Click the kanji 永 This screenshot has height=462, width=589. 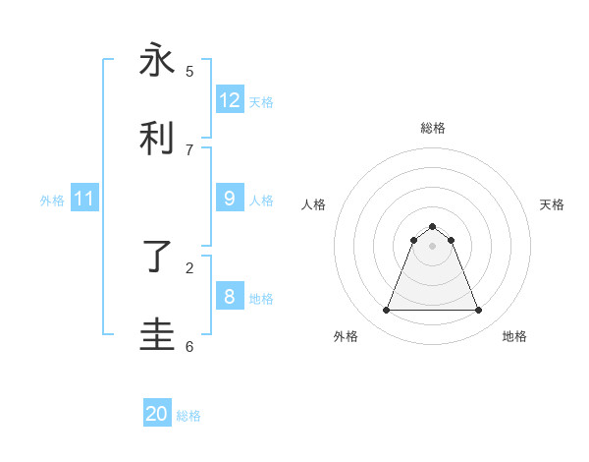[157, 61]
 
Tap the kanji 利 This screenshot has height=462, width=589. [157, 139]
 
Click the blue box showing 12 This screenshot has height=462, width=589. [230, 100]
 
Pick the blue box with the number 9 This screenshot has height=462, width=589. [230, 199]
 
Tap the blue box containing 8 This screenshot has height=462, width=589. [230, 297]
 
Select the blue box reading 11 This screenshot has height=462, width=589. [84, 199]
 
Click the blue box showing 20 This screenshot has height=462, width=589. [157, 414]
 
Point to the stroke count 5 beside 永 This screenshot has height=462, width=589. [189, 71]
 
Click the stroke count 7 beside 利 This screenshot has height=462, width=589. [189, 149]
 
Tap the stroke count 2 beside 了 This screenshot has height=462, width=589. [189, 267]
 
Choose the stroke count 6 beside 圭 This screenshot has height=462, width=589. [189, 346]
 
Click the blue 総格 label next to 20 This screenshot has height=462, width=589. [188, 416]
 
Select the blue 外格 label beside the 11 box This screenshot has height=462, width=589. [52, 201]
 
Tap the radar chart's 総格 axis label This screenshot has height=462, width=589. [432, 128]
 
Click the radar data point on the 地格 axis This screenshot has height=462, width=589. [478, 311]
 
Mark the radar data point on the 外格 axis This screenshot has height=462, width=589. [386, 311]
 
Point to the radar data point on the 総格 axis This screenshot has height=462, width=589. [432, 226]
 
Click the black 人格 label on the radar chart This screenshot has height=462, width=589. [314, 204]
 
